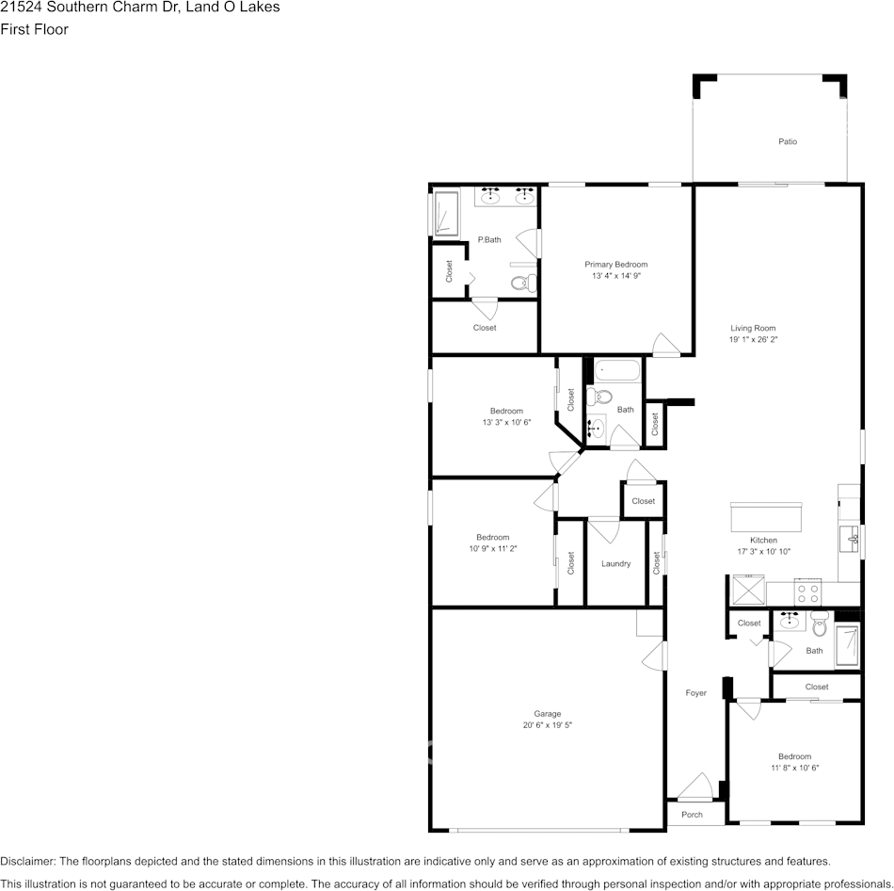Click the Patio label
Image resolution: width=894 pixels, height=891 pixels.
point(788,142)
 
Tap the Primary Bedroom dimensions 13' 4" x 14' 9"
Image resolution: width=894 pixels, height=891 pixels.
point(616,277)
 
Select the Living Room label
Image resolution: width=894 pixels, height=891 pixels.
point(753,328)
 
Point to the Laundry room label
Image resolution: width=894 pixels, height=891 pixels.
point(615,564)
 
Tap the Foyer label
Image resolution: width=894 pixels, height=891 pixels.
point(695,693)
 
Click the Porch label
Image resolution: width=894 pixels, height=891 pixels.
point(692,815)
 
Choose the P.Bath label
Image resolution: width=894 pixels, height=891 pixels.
point(488,240)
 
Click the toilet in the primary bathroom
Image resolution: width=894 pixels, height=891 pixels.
point(522,282)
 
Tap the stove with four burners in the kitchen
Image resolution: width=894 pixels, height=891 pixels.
point(808,593)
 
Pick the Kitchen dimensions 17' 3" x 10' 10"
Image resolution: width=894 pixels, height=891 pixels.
point(763,552)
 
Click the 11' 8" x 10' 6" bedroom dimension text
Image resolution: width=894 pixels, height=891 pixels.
point(794,769)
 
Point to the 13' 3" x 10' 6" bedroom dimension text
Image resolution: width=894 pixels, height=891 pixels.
point(506,423)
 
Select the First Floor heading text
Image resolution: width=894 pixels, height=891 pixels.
point(34,29)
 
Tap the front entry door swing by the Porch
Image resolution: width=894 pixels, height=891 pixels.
point(697,786)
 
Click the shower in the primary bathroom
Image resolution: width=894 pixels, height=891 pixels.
point(445,214)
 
